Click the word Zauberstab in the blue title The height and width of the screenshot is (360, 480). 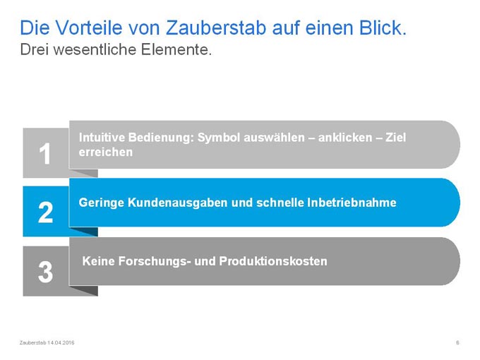(x=216, y=28)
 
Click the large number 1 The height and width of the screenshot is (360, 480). (x=45, y=154)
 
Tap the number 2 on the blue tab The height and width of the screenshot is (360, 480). (x=45, y=212)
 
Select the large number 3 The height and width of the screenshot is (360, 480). (x=45, y=272)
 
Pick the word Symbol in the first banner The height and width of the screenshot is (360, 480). (x=219, y=138)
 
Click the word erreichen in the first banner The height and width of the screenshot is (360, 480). (x=106, y=152)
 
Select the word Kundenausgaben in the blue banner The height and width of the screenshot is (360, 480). (x=177, y=203)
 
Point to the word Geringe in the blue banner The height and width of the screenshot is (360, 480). (x=102, y=203)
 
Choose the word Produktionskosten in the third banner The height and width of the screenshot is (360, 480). (x=273, y=261)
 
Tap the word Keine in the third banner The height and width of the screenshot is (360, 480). (x=99, y=261)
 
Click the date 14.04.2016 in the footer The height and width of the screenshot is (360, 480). (x=61, y=342)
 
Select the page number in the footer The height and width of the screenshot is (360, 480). (x=457, y=342)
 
